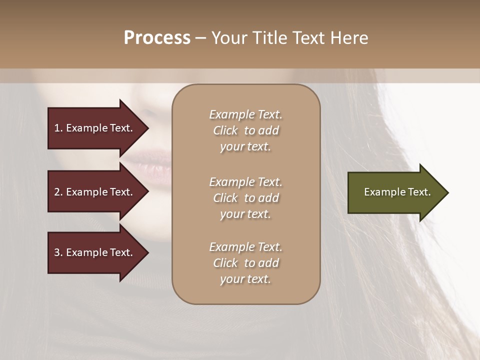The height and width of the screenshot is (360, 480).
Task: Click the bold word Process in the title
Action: pos(157,38)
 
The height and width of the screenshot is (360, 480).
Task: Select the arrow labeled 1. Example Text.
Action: pos(95,128)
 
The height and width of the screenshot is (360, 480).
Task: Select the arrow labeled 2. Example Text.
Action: pos(95,192)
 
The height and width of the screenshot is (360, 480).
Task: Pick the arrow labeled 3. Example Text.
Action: pos(95,252)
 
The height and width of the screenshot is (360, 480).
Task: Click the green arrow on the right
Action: pos(395,192)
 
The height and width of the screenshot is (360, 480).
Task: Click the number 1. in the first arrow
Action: pos(58,128)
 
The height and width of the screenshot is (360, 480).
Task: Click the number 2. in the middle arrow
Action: pos(58,192)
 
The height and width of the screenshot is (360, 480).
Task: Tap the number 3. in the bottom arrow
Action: pos(58,252)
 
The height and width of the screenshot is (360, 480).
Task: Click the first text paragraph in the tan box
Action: pos(245,130)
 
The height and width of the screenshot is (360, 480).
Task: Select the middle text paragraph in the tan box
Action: pos(245,198)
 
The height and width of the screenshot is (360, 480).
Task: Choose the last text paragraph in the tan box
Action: pos(245,263)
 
